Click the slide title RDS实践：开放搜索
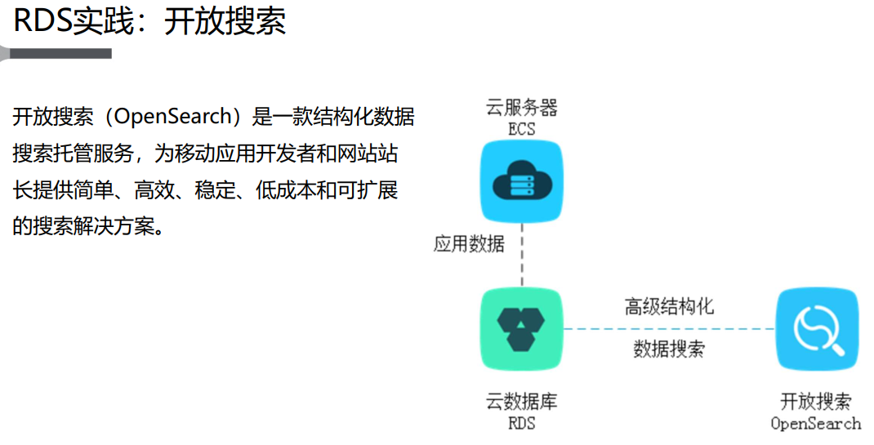coord(149,21)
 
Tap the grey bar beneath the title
coord(57,54)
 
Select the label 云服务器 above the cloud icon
coord(521,108)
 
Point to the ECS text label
coord(521,129)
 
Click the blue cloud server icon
coord(521,181)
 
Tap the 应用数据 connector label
coord(469,243)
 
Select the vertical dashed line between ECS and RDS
coord(521,257)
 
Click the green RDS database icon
coord(521,329)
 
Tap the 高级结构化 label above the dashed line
coord(669,306)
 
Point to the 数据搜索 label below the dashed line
coord(669,349)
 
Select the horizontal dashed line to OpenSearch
coord(669,329)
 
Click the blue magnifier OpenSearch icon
coord(816,329)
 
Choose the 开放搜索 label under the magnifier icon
coord(816,402)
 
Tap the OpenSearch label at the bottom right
coord(816,423)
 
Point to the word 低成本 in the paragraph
coord(292,191)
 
